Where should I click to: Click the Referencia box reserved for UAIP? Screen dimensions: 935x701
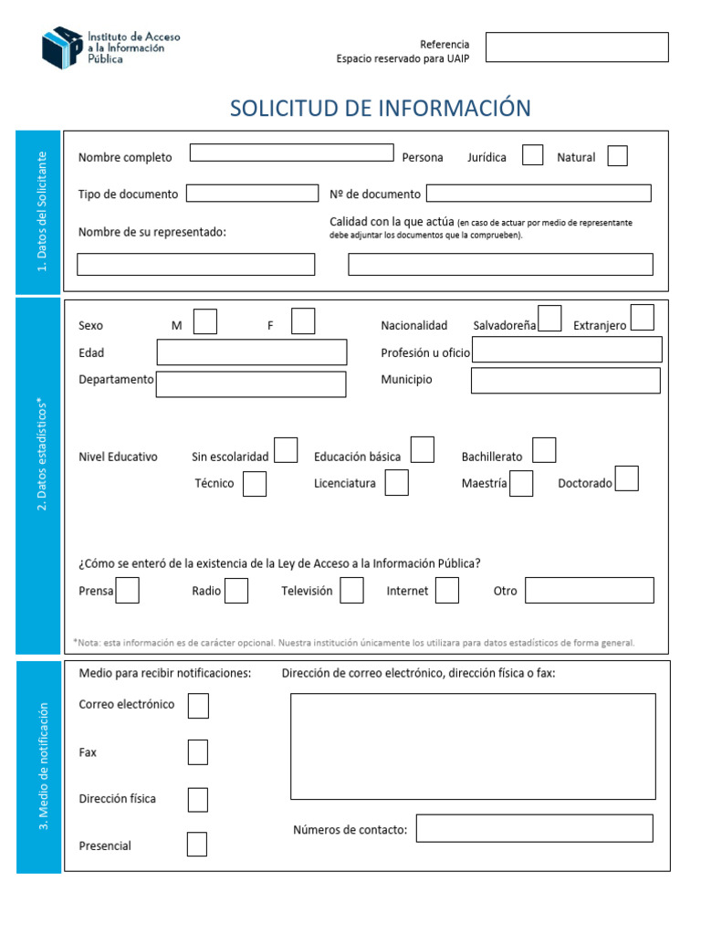(x=577, y=47)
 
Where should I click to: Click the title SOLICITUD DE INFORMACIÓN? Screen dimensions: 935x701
(x=380, y=108)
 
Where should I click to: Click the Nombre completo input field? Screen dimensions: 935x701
(x=291, y=152)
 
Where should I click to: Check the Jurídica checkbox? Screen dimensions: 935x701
(x=532, y=155)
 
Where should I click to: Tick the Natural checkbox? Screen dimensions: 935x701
(x=617, y=156)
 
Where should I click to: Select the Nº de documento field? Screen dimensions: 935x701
(x=539, y=193)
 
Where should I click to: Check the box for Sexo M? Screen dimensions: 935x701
(x=206, y=321)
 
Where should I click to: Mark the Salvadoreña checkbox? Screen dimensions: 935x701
(x=549, y=317)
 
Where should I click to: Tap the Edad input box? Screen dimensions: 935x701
(x=251, y=352)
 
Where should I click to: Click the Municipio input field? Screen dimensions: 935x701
(x=565, y=380)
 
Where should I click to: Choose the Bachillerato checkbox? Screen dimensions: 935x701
(x=544, y=450)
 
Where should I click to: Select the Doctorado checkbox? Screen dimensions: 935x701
(x=626, y=478)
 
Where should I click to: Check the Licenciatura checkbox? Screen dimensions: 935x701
(x=396, y=483)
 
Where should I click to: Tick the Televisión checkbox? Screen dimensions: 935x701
(x=350, y=591)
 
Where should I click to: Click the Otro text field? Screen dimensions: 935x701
(x=589, y=591)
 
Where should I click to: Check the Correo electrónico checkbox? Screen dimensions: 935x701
(x=198, y=706)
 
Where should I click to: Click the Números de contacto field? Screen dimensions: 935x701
(x=534, y=828)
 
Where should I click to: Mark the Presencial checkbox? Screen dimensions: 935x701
(x=196, y=845)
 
